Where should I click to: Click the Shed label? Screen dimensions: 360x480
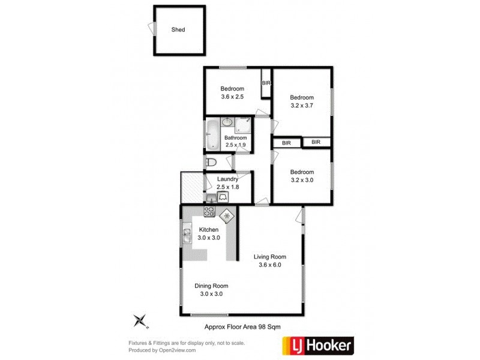coord(178,29)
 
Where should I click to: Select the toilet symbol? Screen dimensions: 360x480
coord(211,162)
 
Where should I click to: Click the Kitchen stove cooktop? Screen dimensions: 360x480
coord(210,211)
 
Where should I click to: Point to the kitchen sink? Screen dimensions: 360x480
coord(186,235)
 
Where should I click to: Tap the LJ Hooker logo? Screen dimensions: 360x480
coord(318,345)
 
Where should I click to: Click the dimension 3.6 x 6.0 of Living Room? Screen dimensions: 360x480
coord(269,265)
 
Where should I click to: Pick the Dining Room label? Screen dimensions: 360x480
coord(211,286)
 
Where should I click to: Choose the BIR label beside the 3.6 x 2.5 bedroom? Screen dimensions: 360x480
coord(266,83)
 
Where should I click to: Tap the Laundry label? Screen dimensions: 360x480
coord(228,179)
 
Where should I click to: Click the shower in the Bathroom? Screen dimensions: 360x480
coord(244,125)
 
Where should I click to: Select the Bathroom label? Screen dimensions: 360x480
coord(236,137)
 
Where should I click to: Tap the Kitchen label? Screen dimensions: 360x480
coord(209,230)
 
